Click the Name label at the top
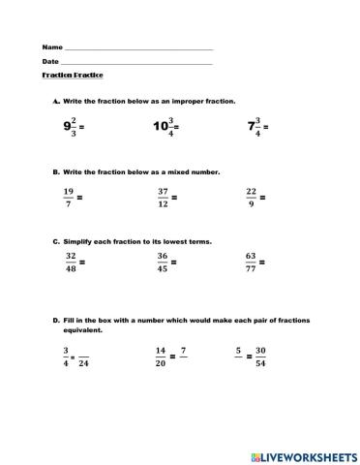pos(51,47)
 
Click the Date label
pos(50,62)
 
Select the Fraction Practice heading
pos(73,76)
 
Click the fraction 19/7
pos(68,197)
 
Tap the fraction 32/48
pos(71,262)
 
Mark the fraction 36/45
pos(163,262)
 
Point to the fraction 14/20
pos(160,356)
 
